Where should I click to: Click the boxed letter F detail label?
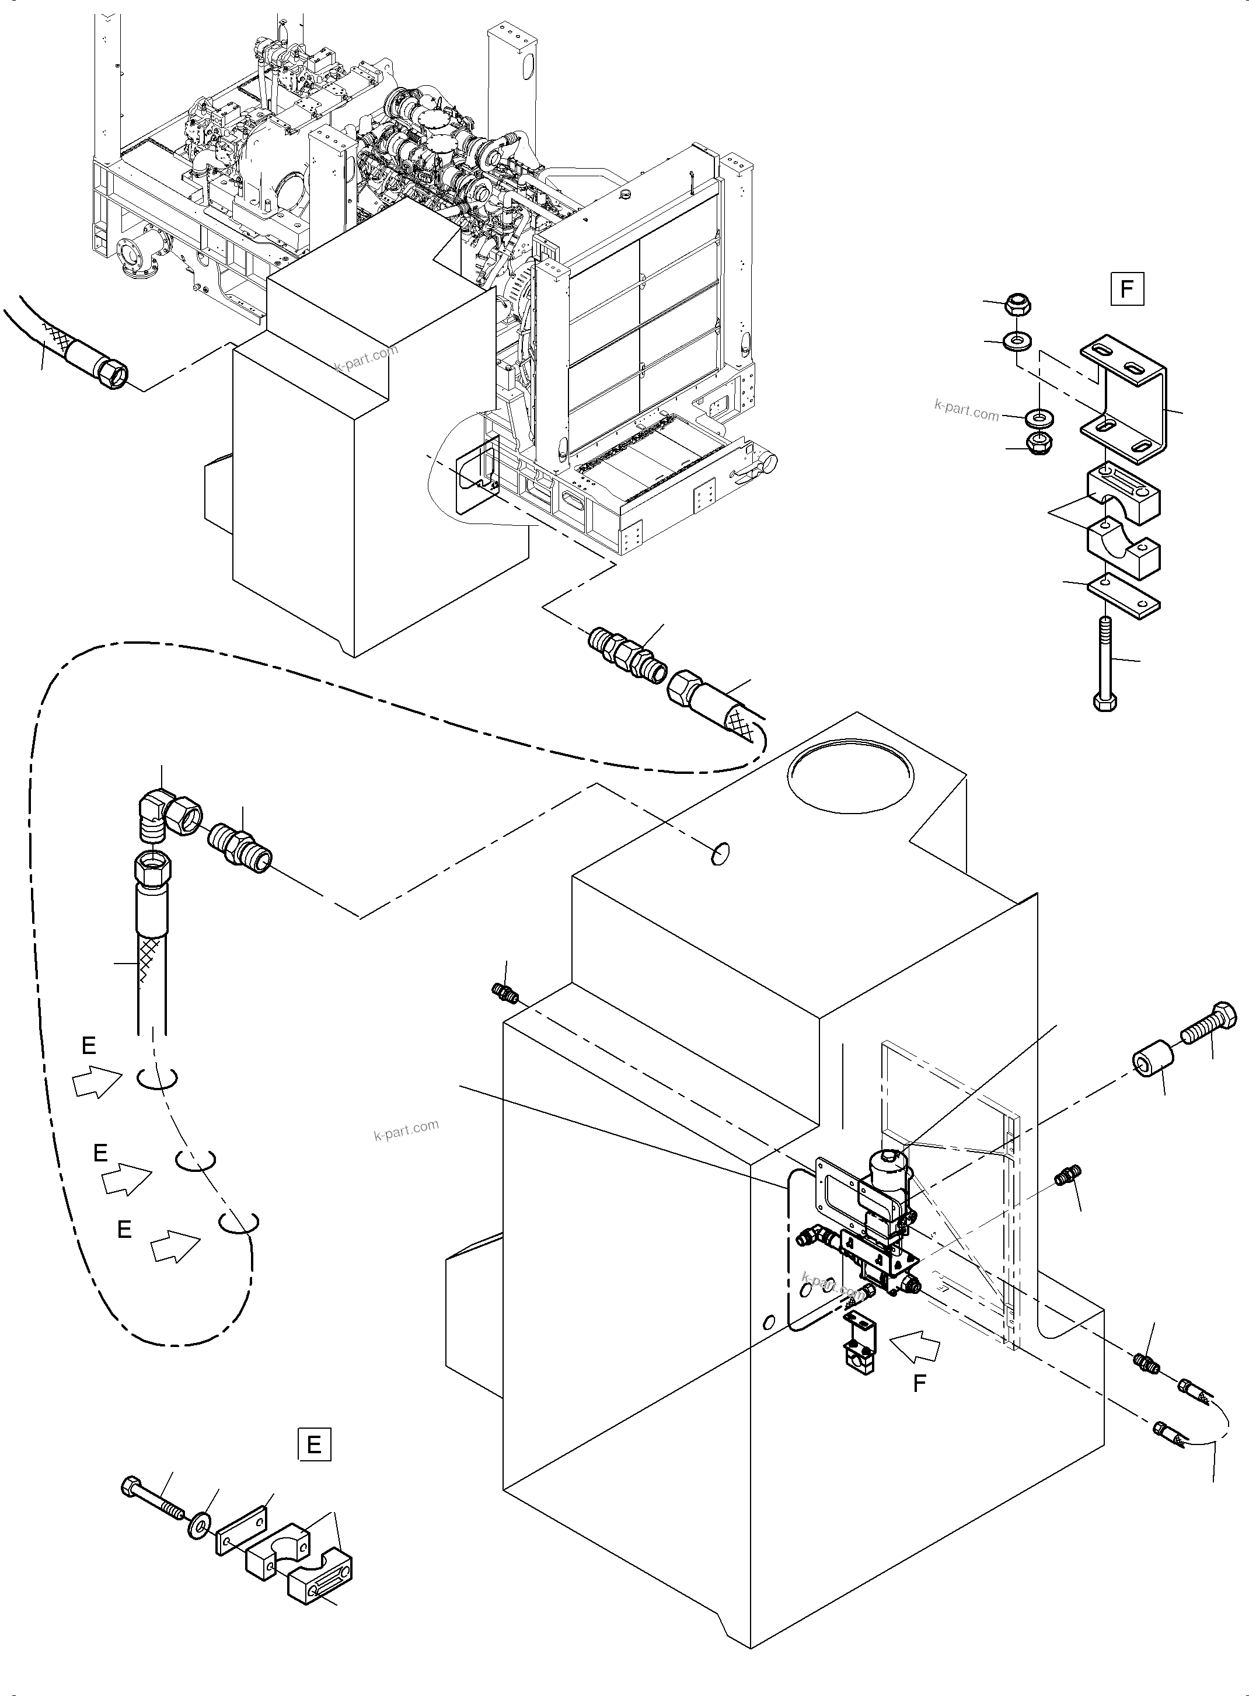(1126, 289)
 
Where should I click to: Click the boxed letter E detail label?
(315, 1445)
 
